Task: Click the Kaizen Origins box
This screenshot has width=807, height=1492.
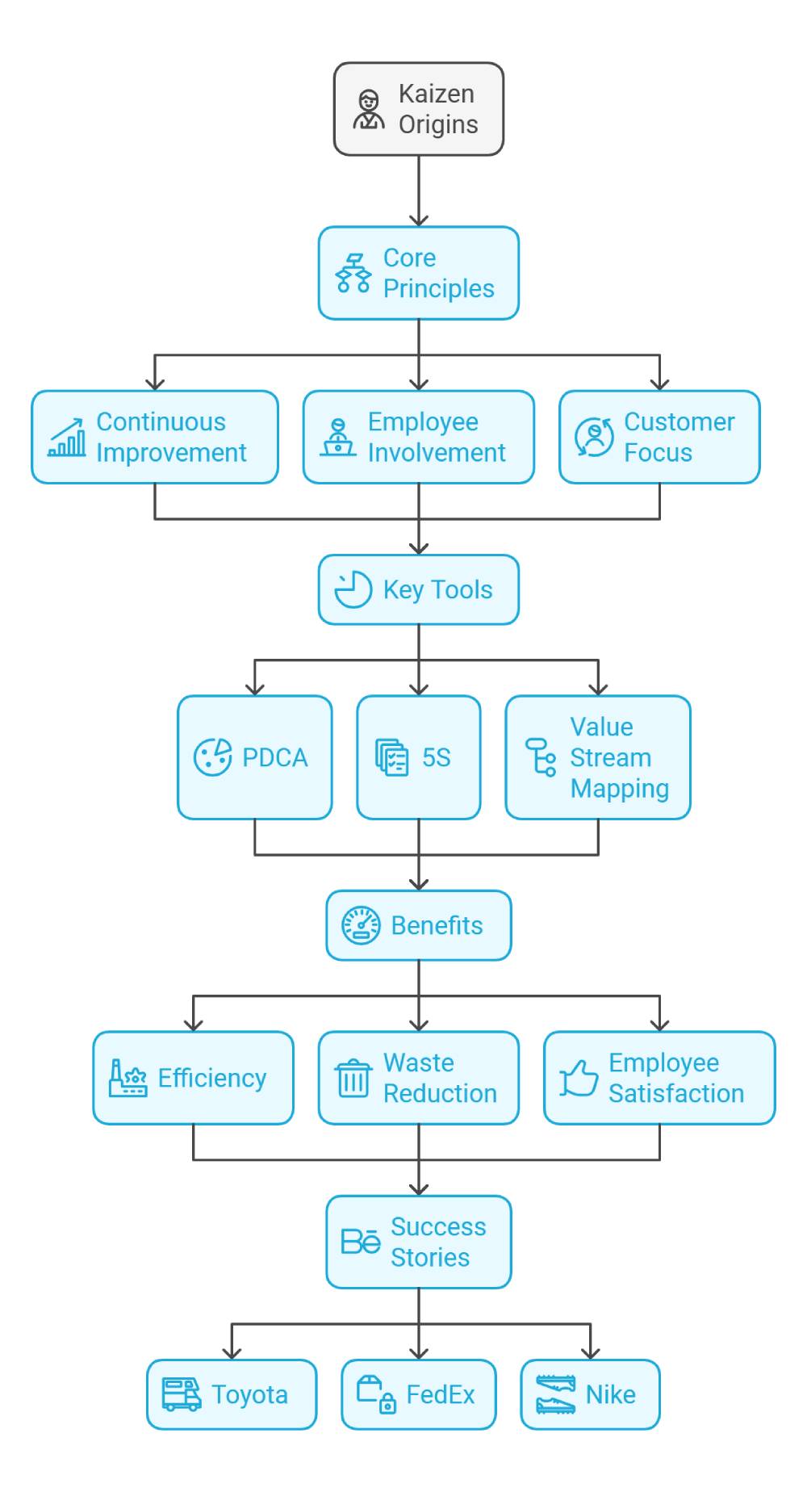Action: (418, 109)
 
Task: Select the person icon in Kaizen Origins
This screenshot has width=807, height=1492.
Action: (369, 110)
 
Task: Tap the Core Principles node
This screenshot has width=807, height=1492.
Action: (418, 273)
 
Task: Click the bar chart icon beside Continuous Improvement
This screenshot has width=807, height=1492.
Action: (67, 438)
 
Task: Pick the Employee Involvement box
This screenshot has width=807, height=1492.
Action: (418, 438)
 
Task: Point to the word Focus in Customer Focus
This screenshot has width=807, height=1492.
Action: (658, 453)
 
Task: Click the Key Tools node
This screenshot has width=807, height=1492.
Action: (418, 589)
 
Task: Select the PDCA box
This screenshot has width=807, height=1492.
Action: (254, 757)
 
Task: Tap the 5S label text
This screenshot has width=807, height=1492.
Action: (436, 757)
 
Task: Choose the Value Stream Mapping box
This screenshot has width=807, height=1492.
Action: (597, 757)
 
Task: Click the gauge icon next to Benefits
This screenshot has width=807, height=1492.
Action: (361, 925)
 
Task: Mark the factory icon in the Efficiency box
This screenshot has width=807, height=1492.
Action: (128, 1078)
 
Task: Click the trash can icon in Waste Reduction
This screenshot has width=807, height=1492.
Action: (353, 1079)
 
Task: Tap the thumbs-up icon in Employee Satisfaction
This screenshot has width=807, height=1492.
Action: (579, 1078)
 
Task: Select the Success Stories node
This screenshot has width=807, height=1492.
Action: (418, 1242)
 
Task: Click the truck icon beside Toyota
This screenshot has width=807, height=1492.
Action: (182, 1394)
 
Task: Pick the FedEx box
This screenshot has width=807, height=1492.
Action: (418, 1394)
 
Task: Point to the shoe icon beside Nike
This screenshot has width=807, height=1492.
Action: (555, 1394)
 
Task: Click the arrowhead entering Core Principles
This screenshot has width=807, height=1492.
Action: (418, 220)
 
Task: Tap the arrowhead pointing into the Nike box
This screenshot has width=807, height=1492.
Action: (591, 1352)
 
